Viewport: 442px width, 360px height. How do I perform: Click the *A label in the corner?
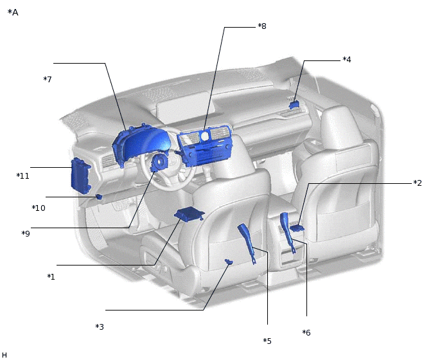coord(13,12)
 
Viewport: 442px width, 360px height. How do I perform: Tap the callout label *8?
coord(262,26)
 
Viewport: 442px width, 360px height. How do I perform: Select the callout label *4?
coord(347,60)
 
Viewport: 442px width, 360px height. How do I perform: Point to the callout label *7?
coord(48,79)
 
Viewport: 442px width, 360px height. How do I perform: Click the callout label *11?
coord(23,176)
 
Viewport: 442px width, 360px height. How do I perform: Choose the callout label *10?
coord(39,208)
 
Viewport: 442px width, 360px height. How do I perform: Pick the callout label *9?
coord(26,233)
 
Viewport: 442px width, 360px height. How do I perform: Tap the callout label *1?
coord(51,277)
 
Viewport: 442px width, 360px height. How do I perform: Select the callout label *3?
coord(100,327)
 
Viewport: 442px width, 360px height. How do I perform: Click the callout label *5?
coord(267,341)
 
